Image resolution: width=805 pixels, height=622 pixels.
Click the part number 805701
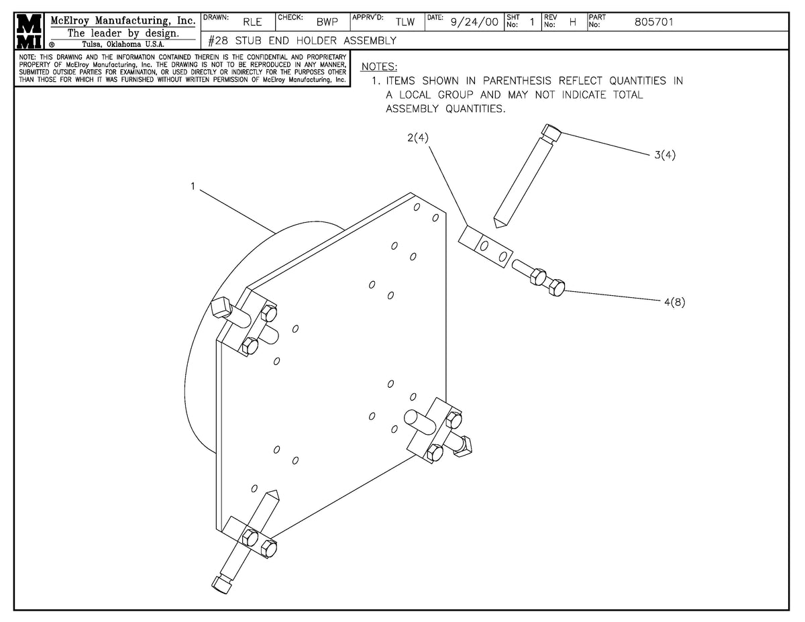(x=653, y=22)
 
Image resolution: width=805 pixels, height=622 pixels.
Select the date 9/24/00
(x=474, y=22)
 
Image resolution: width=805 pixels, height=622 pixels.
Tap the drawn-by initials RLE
(x=253, y=22)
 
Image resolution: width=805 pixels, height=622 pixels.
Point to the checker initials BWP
(x=327, y=22)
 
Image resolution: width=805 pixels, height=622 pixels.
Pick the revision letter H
(x=573, y=22)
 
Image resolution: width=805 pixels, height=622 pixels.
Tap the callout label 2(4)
(x=417, y=138)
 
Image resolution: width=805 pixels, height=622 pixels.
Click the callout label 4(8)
(x=674, y=303)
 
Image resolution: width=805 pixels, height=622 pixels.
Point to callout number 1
(x=193, y=187)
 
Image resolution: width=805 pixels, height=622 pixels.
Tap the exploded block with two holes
(x=486, y=247)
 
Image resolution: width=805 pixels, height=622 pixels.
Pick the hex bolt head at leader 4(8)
(x=556, y=287)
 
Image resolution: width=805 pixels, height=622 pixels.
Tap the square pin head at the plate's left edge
(x=219, y=308)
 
